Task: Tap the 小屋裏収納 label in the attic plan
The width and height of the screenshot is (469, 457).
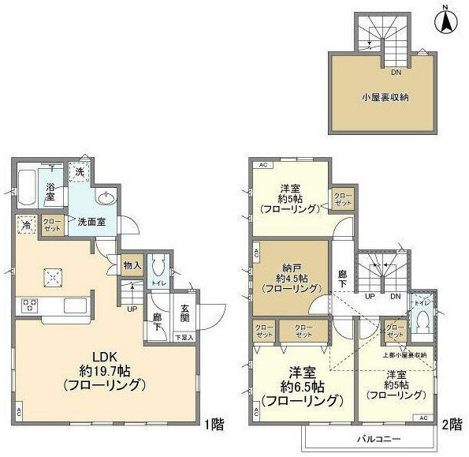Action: (385, 99)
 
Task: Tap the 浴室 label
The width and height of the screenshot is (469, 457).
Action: (50, 192)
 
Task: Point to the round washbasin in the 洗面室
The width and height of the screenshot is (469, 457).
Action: (106, 198)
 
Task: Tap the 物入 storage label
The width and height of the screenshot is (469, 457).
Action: (132, 266)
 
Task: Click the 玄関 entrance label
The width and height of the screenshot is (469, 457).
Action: (184, 312)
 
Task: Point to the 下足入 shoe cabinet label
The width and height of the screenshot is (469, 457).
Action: (184, 337)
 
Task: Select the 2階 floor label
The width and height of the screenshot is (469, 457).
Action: (452, 424)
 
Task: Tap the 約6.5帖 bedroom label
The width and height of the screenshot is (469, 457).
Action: (302, 387)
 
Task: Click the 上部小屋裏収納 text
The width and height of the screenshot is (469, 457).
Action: (406, 355)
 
